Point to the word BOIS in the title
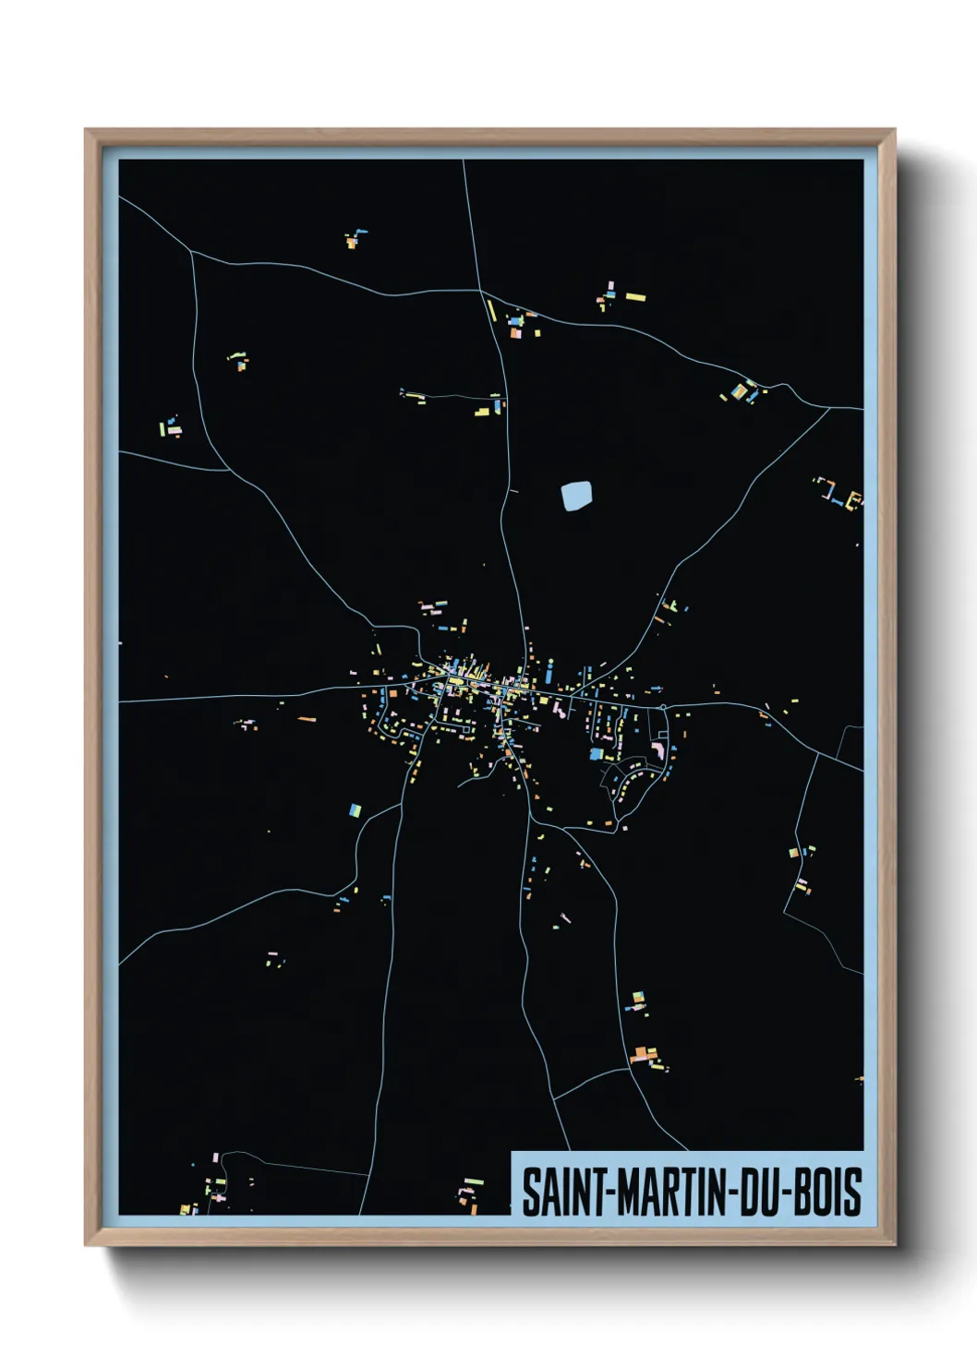(828, 1192)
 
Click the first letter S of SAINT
(531, 1192)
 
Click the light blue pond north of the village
(576, 497)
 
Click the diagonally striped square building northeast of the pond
(740, 391)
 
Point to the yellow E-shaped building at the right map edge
(855, 499)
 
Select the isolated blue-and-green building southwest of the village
(354, 810)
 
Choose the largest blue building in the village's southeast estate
(597, 754)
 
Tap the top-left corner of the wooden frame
(86, 130)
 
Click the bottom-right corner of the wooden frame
(894, 1245)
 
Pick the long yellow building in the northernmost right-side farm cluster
(635, 297)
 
